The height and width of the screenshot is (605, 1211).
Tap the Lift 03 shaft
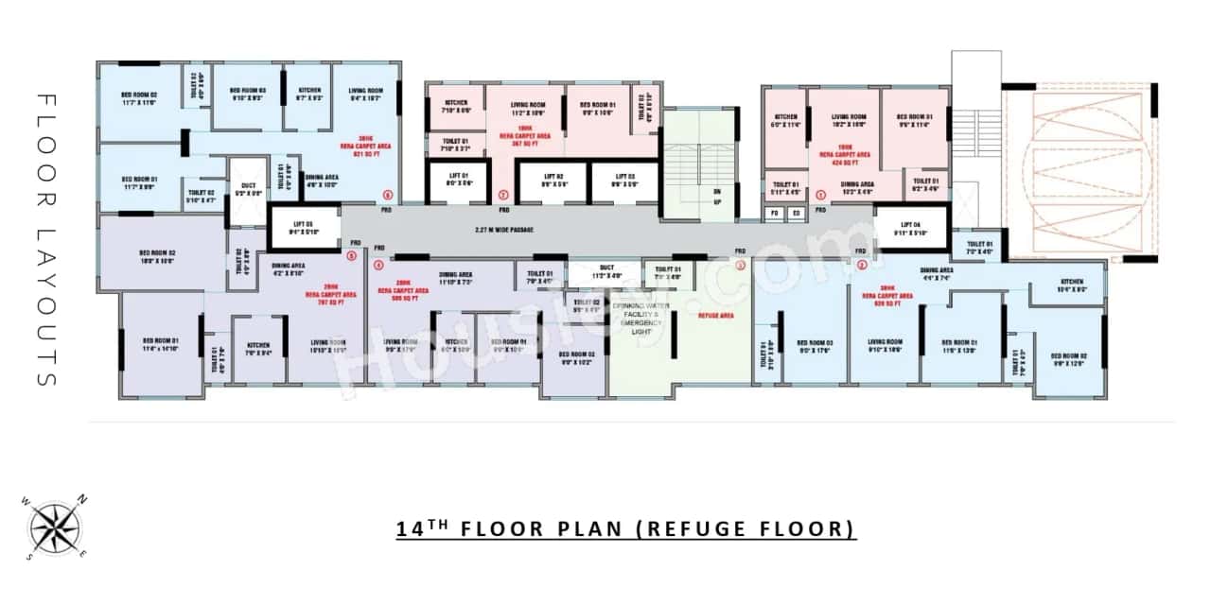coord(623,181)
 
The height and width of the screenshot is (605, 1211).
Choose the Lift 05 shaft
coord(304,228)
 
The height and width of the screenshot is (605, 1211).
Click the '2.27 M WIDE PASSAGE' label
coord(504,230)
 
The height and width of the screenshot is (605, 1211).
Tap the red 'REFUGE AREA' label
coord(716,315)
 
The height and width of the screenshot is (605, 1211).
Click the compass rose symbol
coord(56,527)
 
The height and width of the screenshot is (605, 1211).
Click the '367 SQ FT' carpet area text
coord(525,144)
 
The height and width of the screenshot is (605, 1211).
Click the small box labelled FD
coord(774,214)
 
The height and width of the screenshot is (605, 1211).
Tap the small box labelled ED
coord(796,214)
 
